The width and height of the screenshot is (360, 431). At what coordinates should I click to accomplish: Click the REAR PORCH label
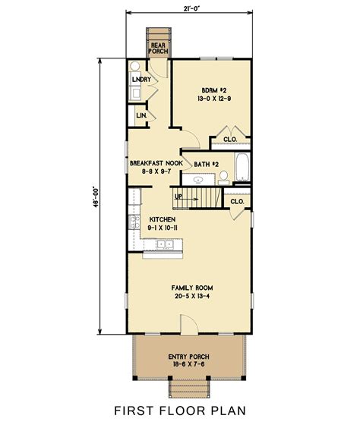point(159,48)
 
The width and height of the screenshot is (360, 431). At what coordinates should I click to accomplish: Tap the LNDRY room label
point(140,79)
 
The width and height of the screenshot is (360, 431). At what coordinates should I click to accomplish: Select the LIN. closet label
point(141,115)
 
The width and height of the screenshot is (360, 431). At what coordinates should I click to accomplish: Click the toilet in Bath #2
point(224,178)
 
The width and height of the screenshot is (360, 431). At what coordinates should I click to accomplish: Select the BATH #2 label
point(207,163)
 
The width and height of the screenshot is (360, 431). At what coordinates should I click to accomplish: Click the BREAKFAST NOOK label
point(156,163)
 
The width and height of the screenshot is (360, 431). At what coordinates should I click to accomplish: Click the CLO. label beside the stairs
point(236,201)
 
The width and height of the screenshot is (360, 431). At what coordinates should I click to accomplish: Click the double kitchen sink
point(166,244)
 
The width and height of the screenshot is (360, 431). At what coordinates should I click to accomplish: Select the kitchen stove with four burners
point(134,199)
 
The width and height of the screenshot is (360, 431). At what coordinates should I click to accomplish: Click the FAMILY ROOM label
point(191,288)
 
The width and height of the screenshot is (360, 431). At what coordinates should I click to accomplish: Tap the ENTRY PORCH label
point(189,357)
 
